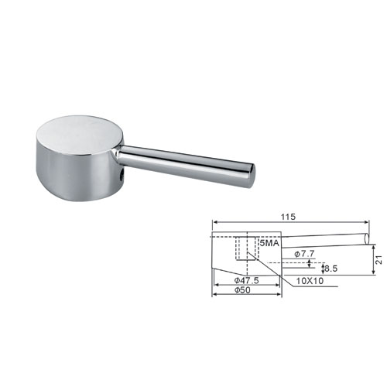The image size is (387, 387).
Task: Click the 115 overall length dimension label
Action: (x=288, y=217)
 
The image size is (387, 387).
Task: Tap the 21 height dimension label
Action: (x=378, y=260)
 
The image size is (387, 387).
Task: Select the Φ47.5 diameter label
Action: (x=246, y=280)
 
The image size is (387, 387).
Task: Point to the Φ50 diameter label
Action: (x=242, y=290)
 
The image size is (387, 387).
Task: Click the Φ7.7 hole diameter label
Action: (x=304, y=254)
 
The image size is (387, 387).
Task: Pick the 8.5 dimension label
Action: (x=330, y=269)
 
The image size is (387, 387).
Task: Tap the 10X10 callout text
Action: (x=310, y=281)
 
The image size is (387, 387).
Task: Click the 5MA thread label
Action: (x=269, y=243)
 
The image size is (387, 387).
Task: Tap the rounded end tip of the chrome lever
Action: (x=252, y=175)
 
